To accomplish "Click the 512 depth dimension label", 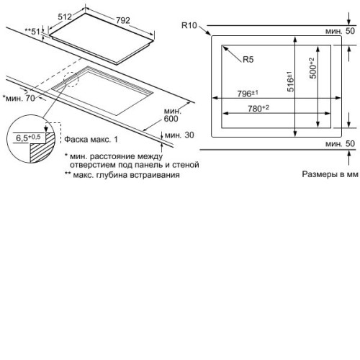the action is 65,17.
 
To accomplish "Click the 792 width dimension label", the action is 123,20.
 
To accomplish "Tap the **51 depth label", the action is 32,31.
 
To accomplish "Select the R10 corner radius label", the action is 189,25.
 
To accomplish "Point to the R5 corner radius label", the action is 248,60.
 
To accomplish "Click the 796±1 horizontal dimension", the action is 248,94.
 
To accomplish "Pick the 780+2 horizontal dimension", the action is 258,108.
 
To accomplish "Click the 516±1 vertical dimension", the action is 290,81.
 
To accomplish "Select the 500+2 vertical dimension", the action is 312,68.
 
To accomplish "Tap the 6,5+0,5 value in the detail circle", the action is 28,138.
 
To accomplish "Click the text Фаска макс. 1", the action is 91,140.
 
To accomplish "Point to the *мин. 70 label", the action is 19,98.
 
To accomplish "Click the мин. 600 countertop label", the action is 172,115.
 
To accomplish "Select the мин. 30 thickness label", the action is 179,135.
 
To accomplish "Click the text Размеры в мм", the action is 330,174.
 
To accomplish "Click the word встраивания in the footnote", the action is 155,175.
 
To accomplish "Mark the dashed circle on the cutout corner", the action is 71,79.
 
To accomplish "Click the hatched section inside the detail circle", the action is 42,148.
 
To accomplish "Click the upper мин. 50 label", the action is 340,31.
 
